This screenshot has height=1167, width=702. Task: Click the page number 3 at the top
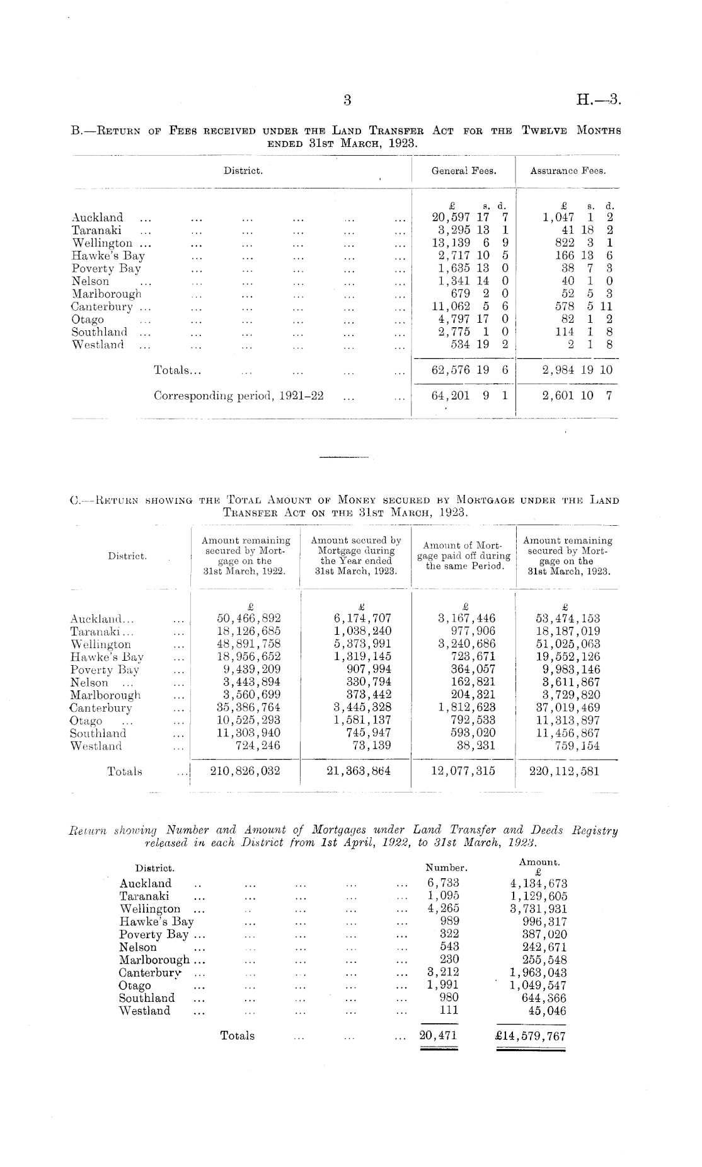347,99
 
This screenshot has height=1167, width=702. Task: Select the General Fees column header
463,170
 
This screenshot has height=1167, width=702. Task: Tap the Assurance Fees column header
568,170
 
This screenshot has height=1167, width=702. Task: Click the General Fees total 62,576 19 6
469,370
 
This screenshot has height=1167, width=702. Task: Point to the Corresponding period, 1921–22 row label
239,396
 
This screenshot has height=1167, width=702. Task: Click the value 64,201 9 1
469,396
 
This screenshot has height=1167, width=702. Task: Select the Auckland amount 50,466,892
248,618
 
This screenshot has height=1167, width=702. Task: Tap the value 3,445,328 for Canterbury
362,707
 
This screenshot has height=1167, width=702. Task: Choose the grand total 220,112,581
565,770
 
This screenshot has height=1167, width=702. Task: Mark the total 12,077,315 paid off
463,770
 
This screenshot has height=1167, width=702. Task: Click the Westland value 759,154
573,746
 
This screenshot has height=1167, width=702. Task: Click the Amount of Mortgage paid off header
463,555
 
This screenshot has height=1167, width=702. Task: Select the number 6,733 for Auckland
444,883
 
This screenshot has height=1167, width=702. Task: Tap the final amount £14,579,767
531,1035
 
